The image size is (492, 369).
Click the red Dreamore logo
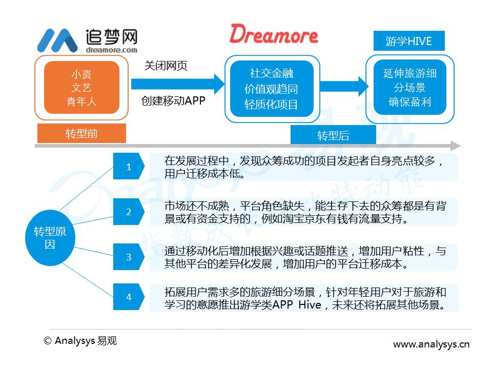(274, 34)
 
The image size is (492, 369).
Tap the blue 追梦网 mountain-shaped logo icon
(57, 40)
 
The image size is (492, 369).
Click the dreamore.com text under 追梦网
(111, 50)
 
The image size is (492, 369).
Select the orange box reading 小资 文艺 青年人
(81, 88)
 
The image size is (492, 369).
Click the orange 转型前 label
(81, 133)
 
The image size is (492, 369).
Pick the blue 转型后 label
(333, 135)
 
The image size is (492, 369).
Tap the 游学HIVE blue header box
(409, 41)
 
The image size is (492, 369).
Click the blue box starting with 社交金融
(272, 89)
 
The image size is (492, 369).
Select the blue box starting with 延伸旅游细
(410, 87)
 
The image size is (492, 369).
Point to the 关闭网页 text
(166, 66)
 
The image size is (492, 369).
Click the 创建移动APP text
(173, 100)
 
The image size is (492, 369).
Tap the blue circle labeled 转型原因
(50, 238)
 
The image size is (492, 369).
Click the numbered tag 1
(129, 166)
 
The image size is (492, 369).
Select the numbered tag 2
(129, 212)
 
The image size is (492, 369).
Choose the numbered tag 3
(129, 257)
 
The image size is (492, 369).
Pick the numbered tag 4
(129, 297)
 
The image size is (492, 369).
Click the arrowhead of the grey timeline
(456, 146)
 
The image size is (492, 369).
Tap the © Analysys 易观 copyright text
(80, 341)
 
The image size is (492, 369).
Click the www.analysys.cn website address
(431, 344)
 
